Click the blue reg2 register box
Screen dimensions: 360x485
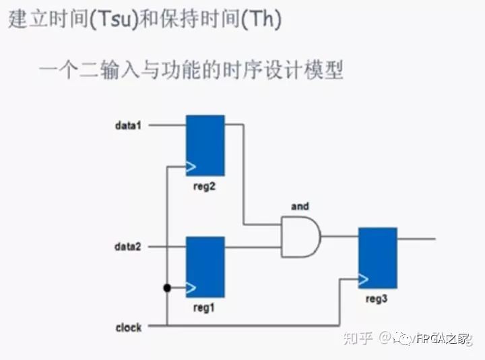tap(205, 145)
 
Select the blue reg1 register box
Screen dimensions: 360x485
tap(205, 266)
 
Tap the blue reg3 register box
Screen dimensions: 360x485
tap(378, 258)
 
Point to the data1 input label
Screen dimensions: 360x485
tap(127, 125)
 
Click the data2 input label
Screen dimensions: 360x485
tap(127, 247)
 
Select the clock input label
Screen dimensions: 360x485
tap(128, 327)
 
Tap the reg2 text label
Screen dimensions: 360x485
tap(204, 186)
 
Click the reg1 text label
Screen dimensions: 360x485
tap(204, 307)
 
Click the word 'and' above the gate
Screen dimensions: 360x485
tap(300, 206)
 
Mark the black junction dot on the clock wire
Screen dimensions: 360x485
tap(166, 288)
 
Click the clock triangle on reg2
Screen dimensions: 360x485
tap(191, 166)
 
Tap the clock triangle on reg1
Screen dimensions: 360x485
tap(191, 288)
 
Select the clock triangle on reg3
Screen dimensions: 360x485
tap(364, 278)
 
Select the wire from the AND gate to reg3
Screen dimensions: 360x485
tap(339, 237)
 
